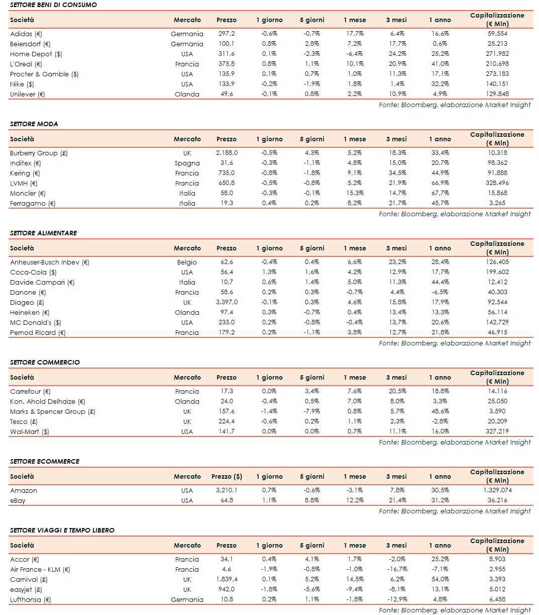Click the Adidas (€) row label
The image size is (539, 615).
(x=26, y=34)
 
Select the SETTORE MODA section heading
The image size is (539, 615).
(x=34, y=124)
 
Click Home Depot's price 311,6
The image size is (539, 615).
(x=227, y=54)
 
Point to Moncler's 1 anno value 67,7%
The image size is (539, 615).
(x=439, y=193)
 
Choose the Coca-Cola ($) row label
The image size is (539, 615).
(x=33, y=272)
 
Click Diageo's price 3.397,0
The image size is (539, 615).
(x=227, y=302)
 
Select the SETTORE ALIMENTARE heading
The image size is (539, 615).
(x=44, y=233)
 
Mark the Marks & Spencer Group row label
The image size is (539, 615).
(x=53, y=411)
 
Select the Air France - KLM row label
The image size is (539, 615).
(x=40, y=569)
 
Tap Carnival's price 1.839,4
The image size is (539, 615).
(x=227, y=579)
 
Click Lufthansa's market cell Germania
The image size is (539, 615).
(x=187, y=599)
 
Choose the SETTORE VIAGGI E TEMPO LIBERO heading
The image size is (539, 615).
(x=62, y=530)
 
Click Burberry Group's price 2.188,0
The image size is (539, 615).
(x=227, y=153)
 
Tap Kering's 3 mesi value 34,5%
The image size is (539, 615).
(x=396, y=173)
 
